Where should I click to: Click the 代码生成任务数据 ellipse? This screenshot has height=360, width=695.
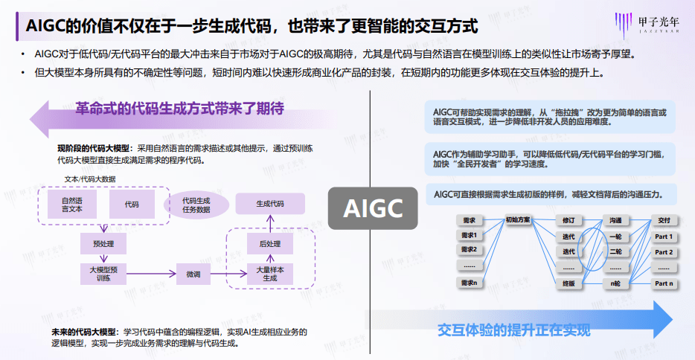[196, 204]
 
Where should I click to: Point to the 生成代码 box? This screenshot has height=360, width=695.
[269, 203]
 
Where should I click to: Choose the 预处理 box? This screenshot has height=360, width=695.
[103, 243]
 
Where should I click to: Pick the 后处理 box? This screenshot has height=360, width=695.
[269, 243]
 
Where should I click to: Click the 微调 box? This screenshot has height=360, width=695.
[193, 274]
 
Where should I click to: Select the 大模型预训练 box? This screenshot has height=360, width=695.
[103, 274]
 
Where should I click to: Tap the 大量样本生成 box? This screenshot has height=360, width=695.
[269, 274]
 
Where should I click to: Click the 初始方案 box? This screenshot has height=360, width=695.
[518, 220]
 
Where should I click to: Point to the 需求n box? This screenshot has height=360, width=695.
[469, 284]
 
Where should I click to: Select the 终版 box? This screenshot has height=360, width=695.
[569, 284]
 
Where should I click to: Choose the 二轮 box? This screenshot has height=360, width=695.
[615, 252]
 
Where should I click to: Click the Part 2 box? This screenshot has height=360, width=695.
[664, 252]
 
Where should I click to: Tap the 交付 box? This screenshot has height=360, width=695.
[664, 221]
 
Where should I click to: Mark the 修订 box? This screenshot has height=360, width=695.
[569, 221]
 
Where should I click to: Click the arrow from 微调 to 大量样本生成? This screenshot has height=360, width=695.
[228, 274]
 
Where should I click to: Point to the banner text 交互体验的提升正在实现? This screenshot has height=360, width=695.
[513, 330]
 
